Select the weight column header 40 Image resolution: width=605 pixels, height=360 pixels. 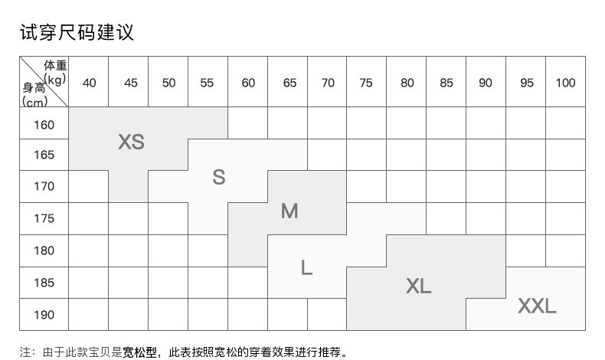pyautogui.click(x=89, y=83)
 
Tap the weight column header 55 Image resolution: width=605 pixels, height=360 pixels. pyautogui.click(x=207, y=83)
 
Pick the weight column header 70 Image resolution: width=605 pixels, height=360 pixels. pyautogui.click(x=328, y=83)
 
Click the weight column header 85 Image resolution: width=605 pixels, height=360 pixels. pyautogui.click(x=446, y=83)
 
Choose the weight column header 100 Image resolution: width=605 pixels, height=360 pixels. pyautogui.click(x=565, y=83)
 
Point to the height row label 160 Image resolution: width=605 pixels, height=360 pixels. pyautogui.click(x=44, y=124)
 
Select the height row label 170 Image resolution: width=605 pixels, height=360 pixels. pyautogui.click(x=44, y=186)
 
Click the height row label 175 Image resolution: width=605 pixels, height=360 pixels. pyautogui.click(x=44, y=219)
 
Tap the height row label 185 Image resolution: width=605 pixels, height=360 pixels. pyautogui.click(x=44, y=283)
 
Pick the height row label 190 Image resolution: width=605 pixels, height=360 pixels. pyautogui.click(x=44, y=315)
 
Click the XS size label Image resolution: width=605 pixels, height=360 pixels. pyautogui.click(x=131, y=142)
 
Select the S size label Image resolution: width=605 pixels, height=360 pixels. pyautogui.click(x=219, y=177)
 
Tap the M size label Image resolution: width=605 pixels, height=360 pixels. pyautogui.click(x=289, y=211)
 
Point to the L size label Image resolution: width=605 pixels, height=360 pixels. pyautogui.click(x=306, y=267)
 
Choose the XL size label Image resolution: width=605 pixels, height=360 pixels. pyautogui.click(x=418, y=286)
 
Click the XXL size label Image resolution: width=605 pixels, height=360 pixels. pyautogui.click(x=537, y=306)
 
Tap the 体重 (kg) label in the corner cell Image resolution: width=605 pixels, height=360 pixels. pyautogui.click(x=55, y=71)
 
